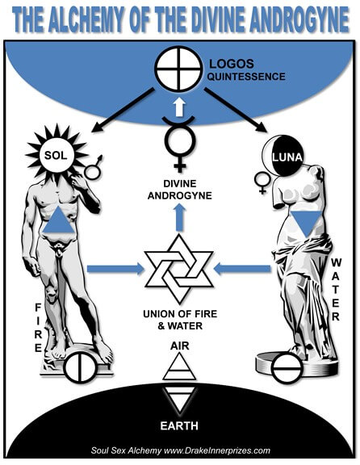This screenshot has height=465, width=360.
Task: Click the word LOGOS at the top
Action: (232, 64)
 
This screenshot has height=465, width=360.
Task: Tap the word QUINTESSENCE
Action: (246, 77)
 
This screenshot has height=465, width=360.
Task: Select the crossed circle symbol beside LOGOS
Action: (178, 70)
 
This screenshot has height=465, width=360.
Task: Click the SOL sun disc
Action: (56, 155)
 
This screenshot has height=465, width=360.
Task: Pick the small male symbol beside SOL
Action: (94, 167)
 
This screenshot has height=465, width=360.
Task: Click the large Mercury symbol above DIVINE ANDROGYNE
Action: (180, 144)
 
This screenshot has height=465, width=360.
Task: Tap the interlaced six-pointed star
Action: (179, 269)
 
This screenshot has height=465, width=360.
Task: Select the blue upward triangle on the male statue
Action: (58, 220)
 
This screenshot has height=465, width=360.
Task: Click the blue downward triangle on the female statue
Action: (306, 224)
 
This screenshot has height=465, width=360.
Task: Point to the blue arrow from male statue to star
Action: (115, 269)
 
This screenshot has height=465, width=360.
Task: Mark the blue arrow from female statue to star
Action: (242, 269)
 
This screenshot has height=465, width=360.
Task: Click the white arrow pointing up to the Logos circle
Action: (179, 107)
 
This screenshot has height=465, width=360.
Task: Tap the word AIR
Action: (180, 346)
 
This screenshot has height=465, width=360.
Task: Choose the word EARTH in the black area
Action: (179, 426)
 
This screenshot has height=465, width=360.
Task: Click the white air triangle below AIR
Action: (179, 367)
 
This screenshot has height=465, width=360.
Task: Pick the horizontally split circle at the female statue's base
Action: (287, 369)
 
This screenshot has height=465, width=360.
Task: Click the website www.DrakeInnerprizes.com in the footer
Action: (217, 450)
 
